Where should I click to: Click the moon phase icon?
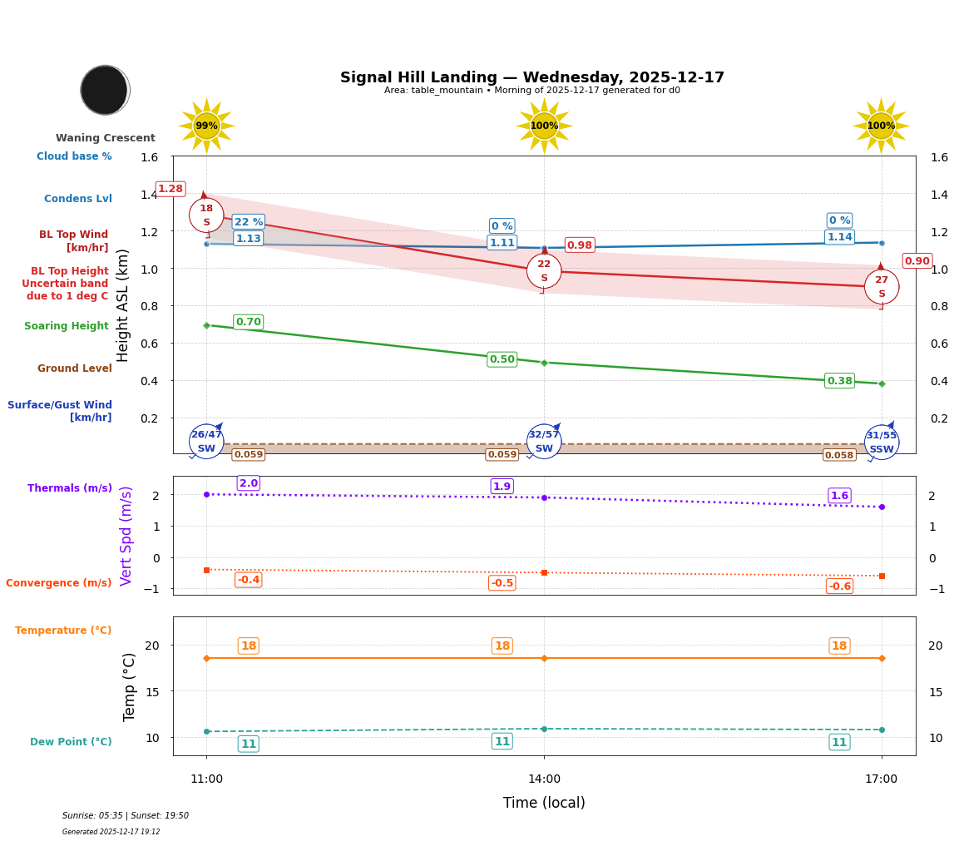(105, 90)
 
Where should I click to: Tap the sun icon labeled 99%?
(206, 126)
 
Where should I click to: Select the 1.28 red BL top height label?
(171, 189)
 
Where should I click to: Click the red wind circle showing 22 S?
(544, 270)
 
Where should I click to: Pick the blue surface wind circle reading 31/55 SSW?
(882, 442)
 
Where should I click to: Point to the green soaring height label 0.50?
(502, 359)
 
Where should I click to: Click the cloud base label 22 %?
(249, 222)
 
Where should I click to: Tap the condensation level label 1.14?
(839, 237)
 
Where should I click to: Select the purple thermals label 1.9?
(502, 487)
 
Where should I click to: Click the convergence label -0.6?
(839, 586)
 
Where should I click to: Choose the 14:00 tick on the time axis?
(544, 779)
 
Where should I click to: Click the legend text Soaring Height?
(67, 326)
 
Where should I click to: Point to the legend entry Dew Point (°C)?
(71, 742)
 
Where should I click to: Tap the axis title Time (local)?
(544, 803)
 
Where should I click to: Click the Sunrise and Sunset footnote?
(126, 816)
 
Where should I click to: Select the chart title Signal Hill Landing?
(532, 77)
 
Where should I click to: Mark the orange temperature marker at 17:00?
(882, 658)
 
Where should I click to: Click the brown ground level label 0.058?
(839, 455)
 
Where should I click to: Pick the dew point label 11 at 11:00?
(249, 744)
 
